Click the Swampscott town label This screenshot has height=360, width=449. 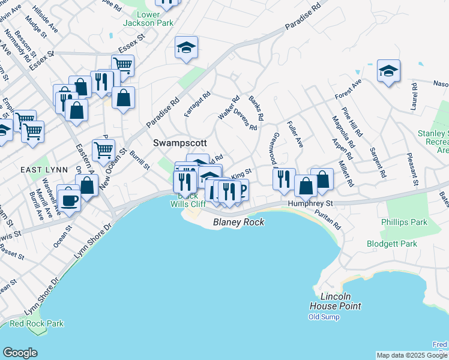(x=180, y=143)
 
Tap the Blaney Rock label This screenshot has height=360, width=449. (x=239, y=222)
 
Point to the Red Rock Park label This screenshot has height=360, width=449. (x=37, y=323)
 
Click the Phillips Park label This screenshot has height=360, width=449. (x=404, y=222)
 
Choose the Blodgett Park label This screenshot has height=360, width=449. (x=392, y=244)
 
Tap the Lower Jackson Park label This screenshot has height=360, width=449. (x=148, y=19)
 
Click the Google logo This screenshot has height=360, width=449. (x=20, y=353)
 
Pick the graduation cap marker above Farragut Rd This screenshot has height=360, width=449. (x=187, y=47)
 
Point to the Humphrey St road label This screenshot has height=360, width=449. (x=310, y=204)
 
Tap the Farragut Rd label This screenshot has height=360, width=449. (x=197, y=103)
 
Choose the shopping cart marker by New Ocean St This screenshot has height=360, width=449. (x=103, y=150)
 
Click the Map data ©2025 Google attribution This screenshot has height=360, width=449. (x=412, y=355)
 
